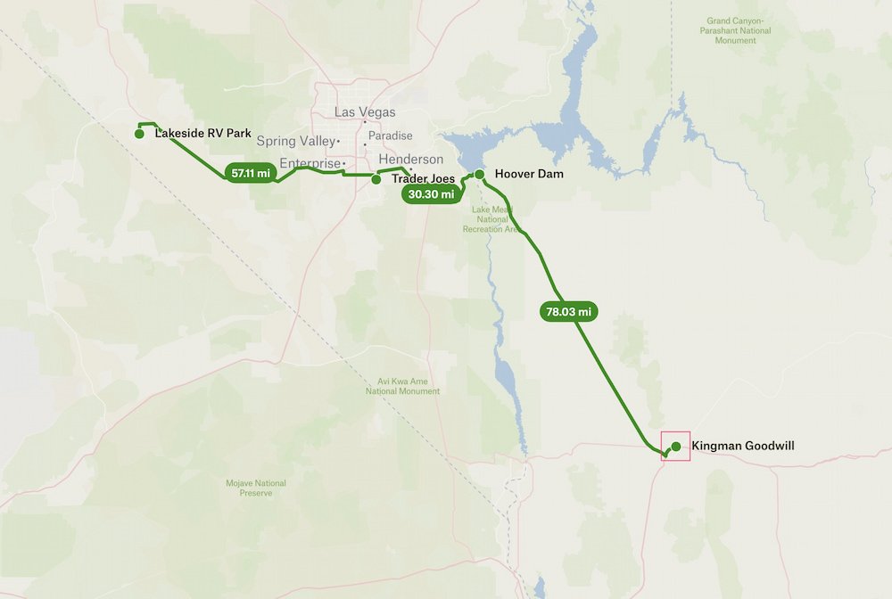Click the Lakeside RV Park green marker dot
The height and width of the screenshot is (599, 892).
(x=139, y=134)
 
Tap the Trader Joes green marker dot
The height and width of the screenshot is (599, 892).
(x=376, y=179)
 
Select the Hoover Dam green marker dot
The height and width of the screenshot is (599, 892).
(x=479, y=174)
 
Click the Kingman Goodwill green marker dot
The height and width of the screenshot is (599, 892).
(x=676, y=446)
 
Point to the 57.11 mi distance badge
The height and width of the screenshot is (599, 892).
(x=250, y=173)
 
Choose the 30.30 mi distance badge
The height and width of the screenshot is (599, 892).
(x=431, y=193)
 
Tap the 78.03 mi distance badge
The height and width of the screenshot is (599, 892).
(x=567, y=312)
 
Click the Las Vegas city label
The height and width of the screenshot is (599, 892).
(x=365, y=112)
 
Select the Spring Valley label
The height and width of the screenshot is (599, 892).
(x=295, y=141)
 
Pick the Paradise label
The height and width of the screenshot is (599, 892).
(x=391, y=135)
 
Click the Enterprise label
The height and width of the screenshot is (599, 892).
(x=310, y=163)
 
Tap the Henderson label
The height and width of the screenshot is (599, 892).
(x=410, y=160)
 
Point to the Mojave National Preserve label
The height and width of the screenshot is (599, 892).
(x=255, y=488)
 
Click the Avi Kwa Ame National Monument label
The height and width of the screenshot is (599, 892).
(x=402, y=386)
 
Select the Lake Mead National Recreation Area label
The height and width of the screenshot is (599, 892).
(x=491, y=218)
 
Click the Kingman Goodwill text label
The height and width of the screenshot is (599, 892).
(x=742, y=446)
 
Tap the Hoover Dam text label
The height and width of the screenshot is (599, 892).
(x=529, y=174)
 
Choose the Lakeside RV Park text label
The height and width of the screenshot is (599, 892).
(x=202, y=134)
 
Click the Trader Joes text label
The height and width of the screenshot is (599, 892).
(x=423, y=179)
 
